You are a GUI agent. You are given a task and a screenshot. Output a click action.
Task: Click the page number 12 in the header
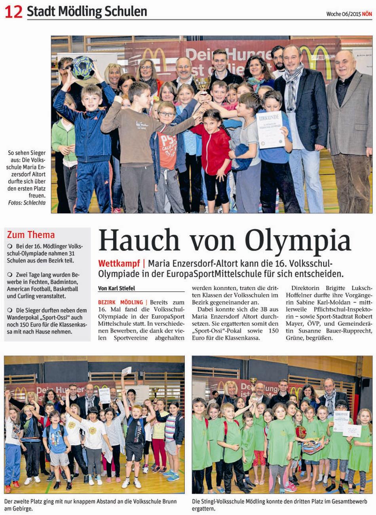pyautogui.click(x=13, y=11)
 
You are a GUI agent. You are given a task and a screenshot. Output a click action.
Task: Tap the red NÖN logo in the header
pyautogui.click(x=367, y=14)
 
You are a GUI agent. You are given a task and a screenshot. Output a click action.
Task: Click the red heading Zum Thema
pyautogui.click(x=31, y=235)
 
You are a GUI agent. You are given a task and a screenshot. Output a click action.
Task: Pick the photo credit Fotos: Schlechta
pyautogui.click(x=27, y=203)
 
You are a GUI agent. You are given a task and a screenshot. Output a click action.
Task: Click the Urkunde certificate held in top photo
pyautogui.click(x=270, y=130)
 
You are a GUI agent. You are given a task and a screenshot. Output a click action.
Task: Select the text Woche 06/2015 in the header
pyautogui.click(x=343, y=14)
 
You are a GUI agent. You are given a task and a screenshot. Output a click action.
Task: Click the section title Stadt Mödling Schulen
pyautogui.click(x=87, y=12)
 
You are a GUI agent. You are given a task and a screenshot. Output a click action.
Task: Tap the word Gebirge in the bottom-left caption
pyautogui.click(x=15, y=509)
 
